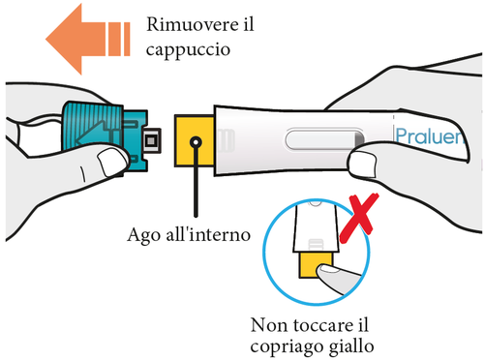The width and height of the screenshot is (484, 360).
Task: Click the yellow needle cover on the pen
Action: [x=194, y=140]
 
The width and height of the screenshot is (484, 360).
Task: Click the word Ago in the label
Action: [x=145, y=234]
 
